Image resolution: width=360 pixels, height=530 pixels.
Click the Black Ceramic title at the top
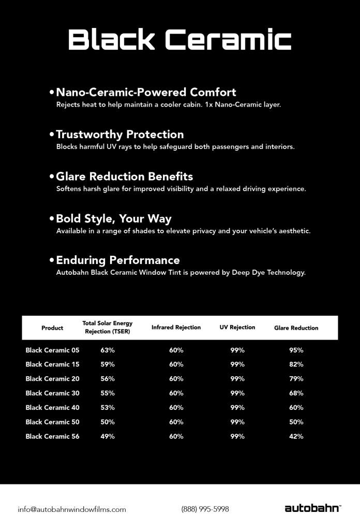(179, 39)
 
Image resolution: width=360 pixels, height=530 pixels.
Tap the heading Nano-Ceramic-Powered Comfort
(146, 92)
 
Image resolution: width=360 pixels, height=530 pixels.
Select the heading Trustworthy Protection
(119, 135)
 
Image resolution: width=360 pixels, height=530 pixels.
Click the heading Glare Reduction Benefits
(124, 176)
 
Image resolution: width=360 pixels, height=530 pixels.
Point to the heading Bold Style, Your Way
(113, 218)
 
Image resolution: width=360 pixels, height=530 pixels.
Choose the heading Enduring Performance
(118, 260)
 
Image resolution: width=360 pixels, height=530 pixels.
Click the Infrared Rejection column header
(176, 328)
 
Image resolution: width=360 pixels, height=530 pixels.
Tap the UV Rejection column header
(237, 328)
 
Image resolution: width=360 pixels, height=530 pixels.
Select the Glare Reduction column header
(296, 328)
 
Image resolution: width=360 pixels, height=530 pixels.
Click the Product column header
(52, 328)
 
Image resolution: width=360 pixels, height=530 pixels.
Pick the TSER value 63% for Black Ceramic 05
(108, 350)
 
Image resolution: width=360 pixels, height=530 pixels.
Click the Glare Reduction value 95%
(296, 350)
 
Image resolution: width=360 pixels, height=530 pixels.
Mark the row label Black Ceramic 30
(52, 393)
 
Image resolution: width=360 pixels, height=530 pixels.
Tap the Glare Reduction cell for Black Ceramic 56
(296, 436)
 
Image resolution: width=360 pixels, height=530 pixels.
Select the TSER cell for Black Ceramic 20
(108, 379)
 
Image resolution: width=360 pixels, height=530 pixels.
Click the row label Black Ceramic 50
(52, 422)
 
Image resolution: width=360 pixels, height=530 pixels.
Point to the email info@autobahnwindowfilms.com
(72, 509)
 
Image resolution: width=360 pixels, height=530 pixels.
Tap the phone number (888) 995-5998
(205, 509)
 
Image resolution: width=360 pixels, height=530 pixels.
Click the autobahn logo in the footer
(312, 508)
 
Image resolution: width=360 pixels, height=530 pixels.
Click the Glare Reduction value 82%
(296, 365)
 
